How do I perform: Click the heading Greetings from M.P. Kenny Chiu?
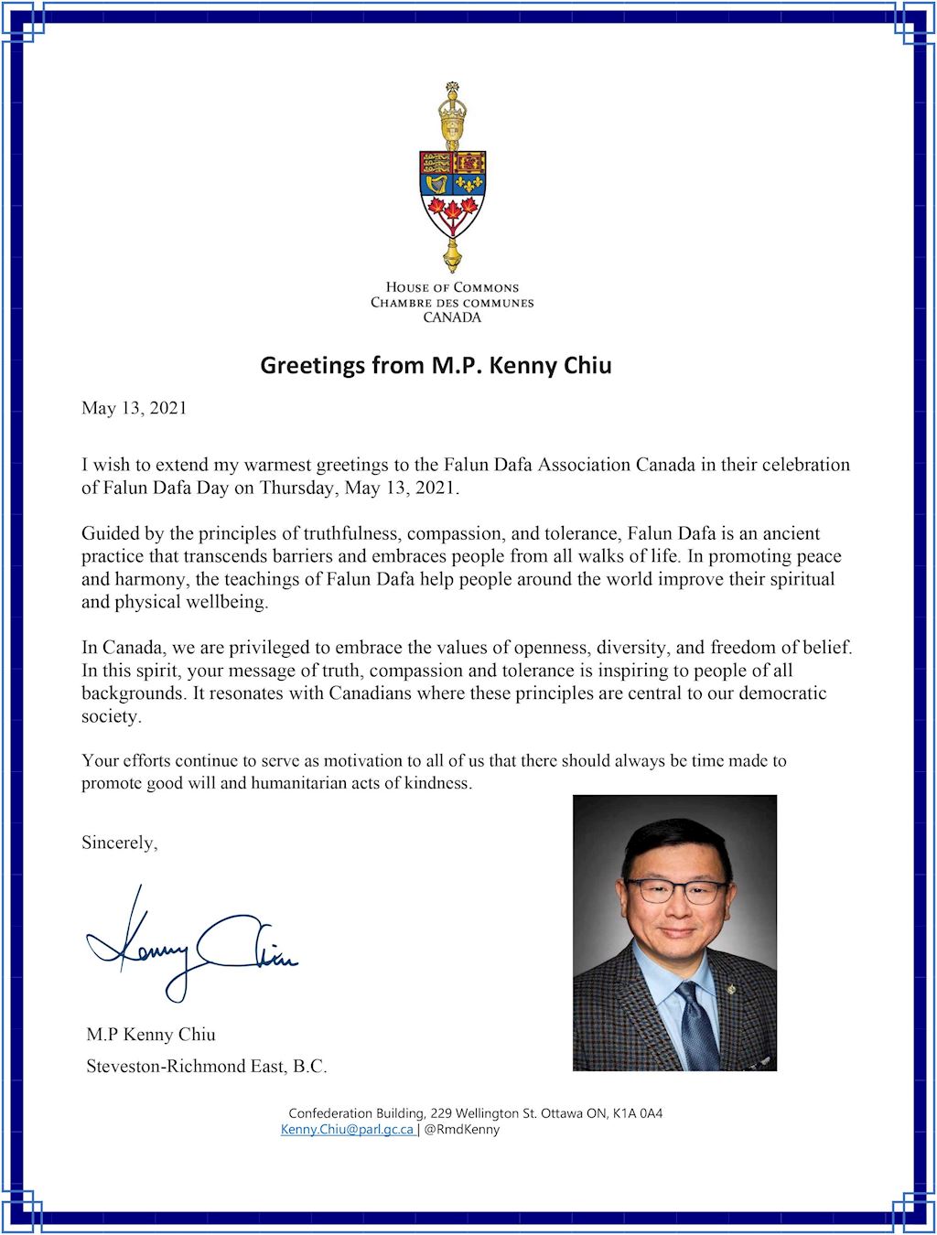[436, 365]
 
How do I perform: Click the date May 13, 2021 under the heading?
[134, 408]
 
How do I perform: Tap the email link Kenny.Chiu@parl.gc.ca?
[347, 1130]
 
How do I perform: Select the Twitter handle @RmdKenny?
[462, 1130]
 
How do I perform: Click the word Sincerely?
[119, 843]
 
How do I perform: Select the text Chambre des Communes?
[452, 303]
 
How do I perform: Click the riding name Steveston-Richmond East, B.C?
[206, 1066]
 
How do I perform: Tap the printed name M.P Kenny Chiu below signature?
[151, 1035]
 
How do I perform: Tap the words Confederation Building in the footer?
[356, 1113]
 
